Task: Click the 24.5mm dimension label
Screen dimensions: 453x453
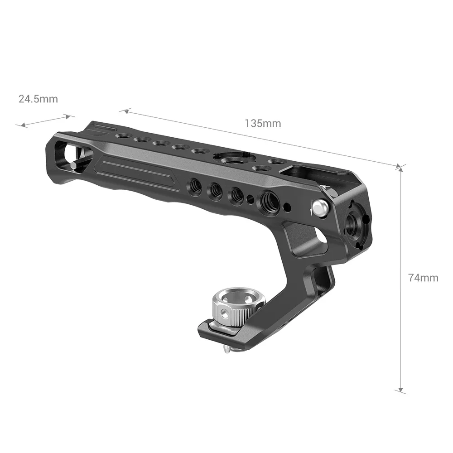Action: pos(38,99)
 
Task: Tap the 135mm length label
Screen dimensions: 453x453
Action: pos(263,123)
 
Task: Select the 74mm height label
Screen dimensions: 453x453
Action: pos(423,278)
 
